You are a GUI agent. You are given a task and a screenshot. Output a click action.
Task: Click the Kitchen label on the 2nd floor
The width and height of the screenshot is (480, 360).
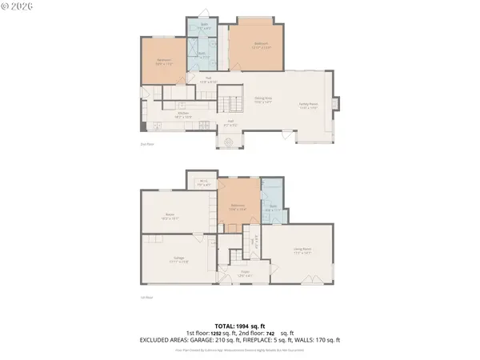[183, 114]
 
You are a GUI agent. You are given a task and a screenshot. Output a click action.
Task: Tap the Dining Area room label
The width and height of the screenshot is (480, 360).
[263, 101]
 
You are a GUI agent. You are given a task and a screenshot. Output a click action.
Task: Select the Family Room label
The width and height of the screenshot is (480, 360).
[309, 105]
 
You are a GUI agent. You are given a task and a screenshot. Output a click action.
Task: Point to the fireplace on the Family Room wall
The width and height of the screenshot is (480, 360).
[336, 104]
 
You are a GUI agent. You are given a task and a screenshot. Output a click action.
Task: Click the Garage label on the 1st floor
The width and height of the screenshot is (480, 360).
[179, 258]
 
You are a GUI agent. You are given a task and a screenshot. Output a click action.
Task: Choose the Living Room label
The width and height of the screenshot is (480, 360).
[302, 252]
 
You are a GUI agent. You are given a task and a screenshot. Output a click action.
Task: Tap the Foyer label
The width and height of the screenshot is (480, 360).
[246, 273]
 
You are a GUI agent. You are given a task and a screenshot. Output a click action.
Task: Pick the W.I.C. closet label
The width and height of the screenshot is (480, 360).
[203, 182]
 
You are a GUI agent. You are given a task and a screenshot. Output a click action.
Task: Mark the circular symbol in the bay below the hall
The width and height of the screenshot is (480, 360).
[229, 142]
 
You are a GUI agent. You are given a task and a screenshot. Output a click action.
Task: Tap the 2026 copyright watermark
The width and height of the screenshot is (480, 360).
[23, 8]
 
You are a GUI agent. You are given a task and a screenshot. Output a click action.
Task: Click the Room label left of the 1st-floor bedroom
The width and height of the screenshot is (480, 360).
[170, 215]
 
